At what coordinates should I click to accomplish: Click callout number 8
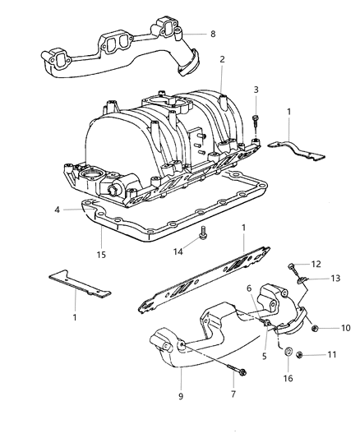tap(213, 34)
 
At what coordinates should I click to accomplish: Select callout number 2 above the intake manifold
tap(222, 59)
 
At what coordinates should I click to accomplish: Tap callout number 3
tap(256, 90)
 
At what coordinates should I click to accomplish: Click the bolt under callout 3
tap(256, 122)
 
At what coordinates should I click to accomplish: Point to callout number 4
tap(57, 210)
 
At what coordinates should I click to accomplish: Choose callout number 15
tap(101, 255)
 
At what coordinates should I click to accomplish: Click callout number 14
tap(178, 251)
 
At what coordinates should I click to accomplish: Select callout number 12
tap(316, 264)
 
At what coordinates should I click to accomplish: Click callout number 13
tap(335, 279)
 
